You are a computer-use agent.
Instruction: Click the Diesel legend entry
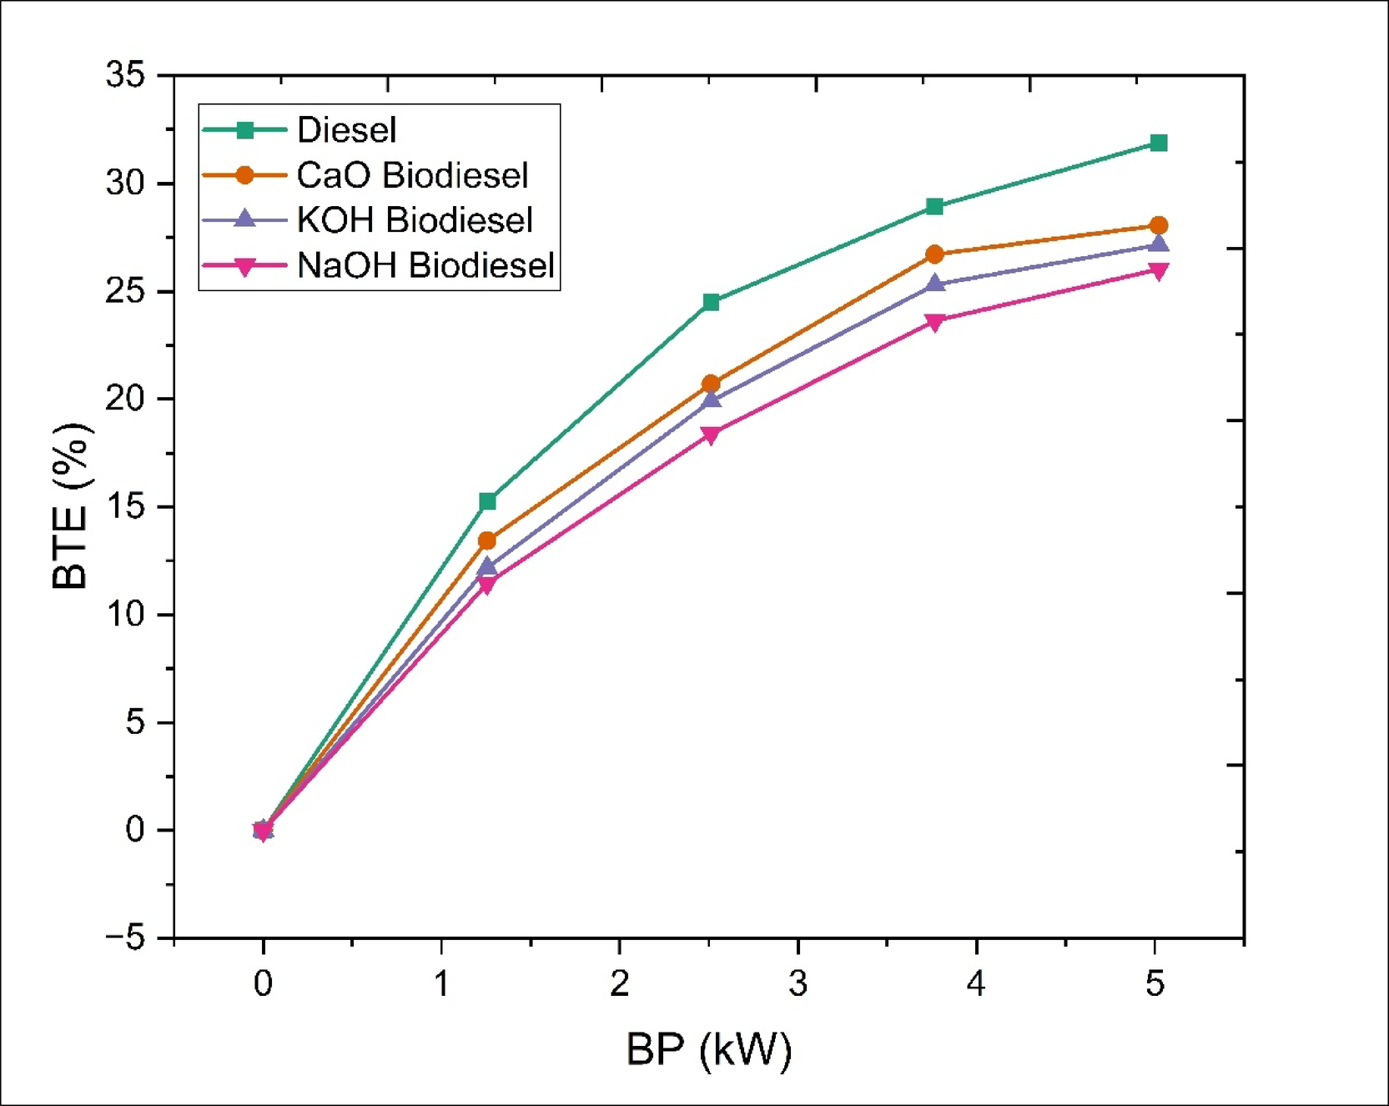[346, 130]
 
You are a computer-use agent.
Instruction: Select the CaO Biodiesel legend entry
[412, 175]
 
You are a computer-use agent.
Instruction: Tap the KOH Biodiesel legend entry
[415, 220]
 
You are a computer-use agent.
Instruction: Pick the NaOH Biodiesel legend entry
[425, 265]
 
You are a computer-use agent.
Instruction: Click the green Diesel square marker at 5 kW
[1158, 143]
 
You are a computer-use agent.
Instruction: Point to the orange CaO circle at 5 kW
[1158, 225]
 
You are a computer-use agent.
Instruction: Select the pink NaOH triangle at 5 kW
[1158, 271]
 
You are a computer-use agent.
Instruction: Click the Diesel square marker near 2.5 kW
[711, 302]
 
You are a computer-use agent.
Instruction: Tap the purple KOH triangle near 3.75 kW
[935, 284]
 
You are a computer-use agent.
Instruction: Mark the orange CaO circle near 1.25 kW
[487, 540]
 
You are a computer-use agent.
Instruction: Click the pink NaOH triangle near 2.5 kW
[711, 435]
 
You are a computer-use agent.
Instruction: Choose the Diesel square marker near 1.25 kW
[487, 501]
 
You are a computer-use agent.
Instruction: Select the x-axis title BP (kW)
[708, 1049]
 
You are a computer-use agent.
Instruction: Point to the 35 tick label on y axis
[125, 75]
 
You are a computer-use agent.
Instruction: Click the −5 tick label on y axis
[125, 938]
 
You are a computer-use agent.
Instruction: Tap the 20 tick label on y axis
[125, 399]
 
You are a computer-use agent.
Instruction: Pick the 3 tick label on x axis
[798, 984]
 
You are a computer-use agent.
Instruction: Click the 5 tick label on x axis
[1155, 984]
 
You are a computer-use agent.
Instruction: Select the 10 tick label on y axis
[125, 615]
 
